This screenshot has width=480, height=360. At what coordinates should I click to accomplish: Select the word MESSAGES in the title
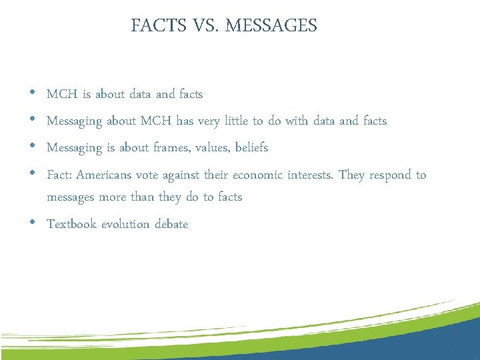click(x=271, y=26)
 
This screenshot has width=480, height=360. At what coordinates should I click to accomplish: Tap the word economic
click(x=258, y=175)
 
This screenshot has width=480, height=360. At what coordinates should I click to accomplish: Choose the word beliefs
click(x=251, y=148)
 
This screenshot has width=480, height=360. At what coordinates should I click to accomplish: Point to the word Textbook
click(x=71, y=224)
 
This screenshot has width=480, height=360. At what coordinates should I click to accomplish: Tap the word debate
click(x=171, y=224)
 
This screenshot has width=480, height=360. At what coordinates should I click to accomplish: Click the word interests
click(x=310, y=175)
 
